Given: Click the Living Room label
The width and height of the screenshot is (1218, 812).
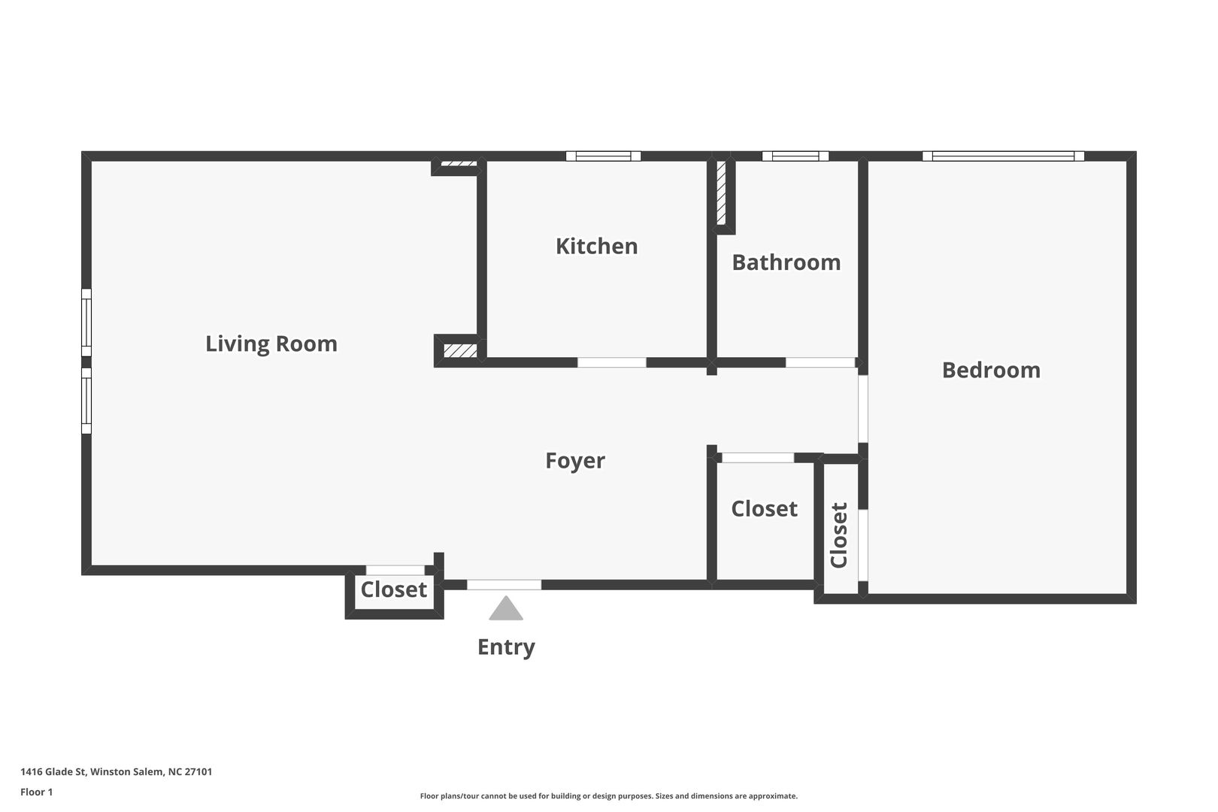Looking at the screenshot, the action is click(271, 344).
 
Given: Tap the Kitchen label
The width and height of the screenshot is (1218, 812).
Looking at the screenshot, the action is click(596, 247).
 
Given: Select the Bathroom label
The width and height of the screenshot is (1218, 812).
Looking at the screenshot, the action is click(786, 262).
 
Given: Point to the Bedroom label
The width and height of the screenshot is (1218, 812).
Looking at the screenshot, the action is click(991, 371).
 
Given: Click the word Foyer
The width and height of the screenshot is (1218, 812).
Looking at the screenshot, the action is click(574, 461).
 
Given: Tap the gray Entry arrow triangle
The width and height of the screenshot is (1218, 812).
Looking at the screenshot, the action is click(506, 608).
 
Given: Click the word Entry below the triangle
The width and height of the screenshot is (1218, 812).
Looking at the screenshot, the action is click(506, 648).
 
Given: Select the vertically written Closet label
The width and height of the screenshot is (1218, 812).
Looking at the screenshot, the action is click(839, 535).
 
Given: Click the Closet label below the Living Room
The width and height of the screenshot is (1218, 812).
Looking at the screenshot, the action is click(394, 589).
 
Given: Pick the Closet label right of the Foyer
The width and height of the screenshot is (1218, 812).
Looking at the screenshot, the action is click(764, 509).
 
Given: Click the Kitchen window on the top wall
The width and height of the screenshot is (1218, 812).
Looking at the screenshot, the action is click(603, 156).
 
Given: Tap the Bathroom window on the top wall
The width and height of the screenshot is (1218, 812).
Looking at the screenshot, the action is click(795, 156).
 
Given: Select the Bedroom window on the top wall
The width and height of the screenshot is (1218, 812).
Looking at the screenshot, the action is click(1003, 156).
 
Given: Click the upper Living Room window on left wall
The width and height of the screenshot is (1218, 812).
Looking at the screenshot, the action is click(86, 323).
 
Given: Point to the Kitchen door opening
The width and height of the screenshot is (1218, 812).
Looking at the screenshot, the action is click(612, 362).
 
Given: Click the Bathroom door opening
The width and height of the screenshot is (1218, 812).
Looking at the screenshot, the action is click(820, 362).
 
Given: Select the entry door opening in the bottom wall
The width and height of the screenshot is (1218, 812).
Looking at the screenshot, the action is click(504, 585).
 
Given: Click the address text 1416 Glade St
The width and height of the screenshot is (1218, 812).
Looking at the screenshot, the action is click(53, 771).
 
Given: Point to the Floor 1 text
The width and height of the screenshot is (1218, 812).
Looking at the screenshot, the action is click(36, 792).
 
